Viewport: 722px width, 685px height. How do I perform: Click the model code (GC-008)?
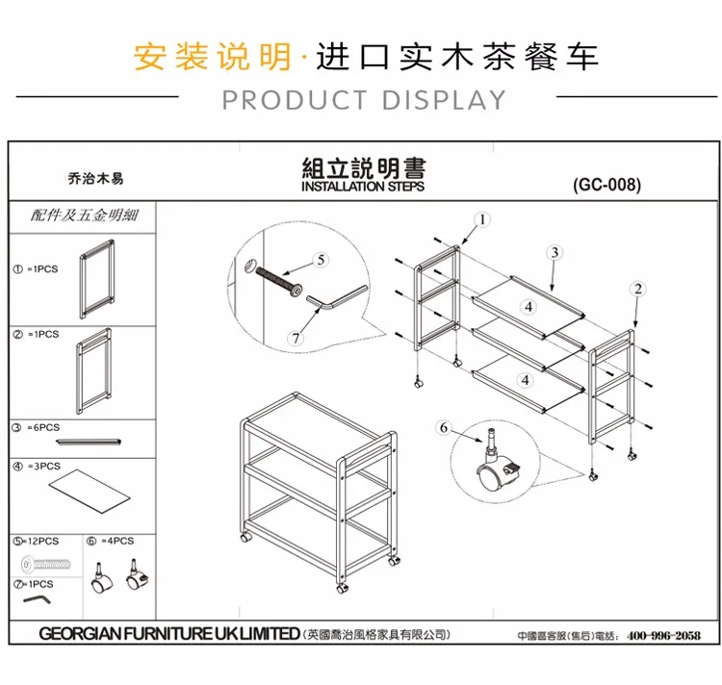pyautogui.click(x=606, y=185)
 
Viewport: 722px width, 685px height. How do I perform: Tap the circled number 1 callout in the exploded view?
pyautogui.click(x=482, y=219)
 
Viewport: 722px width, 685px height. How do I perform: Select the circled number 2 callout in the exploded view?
pyautogui.click(x=638, y=289)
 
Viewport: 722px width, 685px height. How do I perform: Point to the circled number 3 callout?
pyautogui.click(x=554, y=253)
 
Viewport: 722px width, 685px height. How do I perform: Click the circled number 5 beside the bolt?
pyautogui.click(x=321, y=260)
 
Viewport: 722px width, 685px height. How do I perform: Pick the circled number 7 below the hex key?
pyautogui.click(x=296, y=338)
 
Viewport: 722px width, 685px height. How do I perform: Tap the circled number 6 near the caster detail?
pyautogui.click(x=444, y=428)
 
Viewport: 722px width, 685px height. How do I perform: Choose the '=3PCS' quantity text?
pyautogui.click(x=43, y=466)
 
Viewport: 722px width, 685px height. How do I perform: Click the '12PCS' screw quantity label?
pyautogui.click(x=42, y=541)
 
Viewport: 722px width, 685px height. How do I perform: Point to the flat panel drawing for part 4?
pyautogui.click(x=90, y=491)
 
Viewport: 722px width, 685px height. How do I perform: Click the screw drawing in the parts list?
pyautogui.click(x=46, y=564)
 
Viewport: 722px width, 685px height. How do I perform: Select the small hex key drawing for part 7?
pyautogui.click(x=37, y=599)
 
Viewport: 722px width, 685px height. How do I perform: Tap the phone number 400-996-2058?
pyautogui.click(x=663, y=635)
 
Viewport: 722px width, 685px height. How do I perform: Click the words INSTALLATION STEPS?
pyautogui.click(x=363, y=187)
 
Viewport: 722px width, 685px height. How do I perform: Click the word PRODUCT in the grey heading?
pyautogui.click(x=295, y=100)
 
